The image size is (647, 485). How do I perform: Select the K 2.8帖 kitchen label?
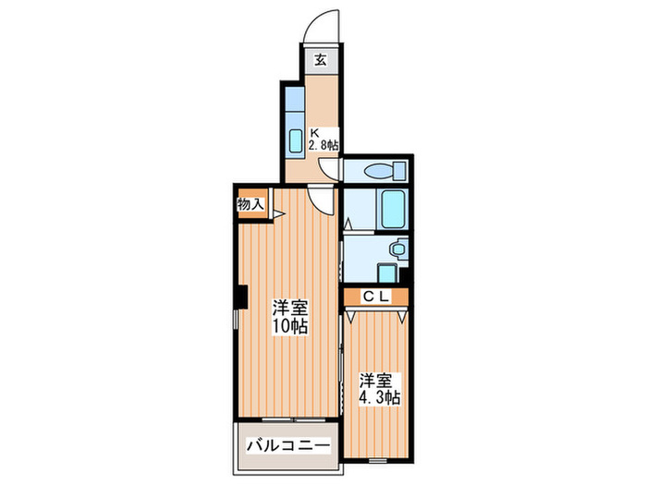pos(323,138)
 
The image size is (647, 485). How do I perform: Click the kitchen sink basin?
pos(297,140)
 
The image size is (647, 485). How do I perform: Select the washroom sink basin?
pos(397,249)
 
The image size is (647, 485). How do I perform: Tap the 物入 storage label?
pos(250,204)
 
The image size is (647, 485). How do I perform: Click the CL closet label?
pos(373,297)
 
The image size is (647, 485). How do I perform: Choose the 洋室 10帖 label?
pos(289,317)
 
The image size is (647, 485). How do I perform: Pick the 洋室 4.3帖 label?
pos(378,388)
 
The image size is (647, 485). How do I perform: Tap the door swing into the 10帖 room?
pos(320,199)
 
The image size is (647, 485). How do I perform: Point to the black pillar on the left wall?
pos(239,297)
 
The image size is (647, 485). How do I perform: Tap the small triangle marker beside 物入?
pos(276,215)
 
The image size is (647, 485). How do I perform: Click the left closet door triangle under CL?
pos(352,315)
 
